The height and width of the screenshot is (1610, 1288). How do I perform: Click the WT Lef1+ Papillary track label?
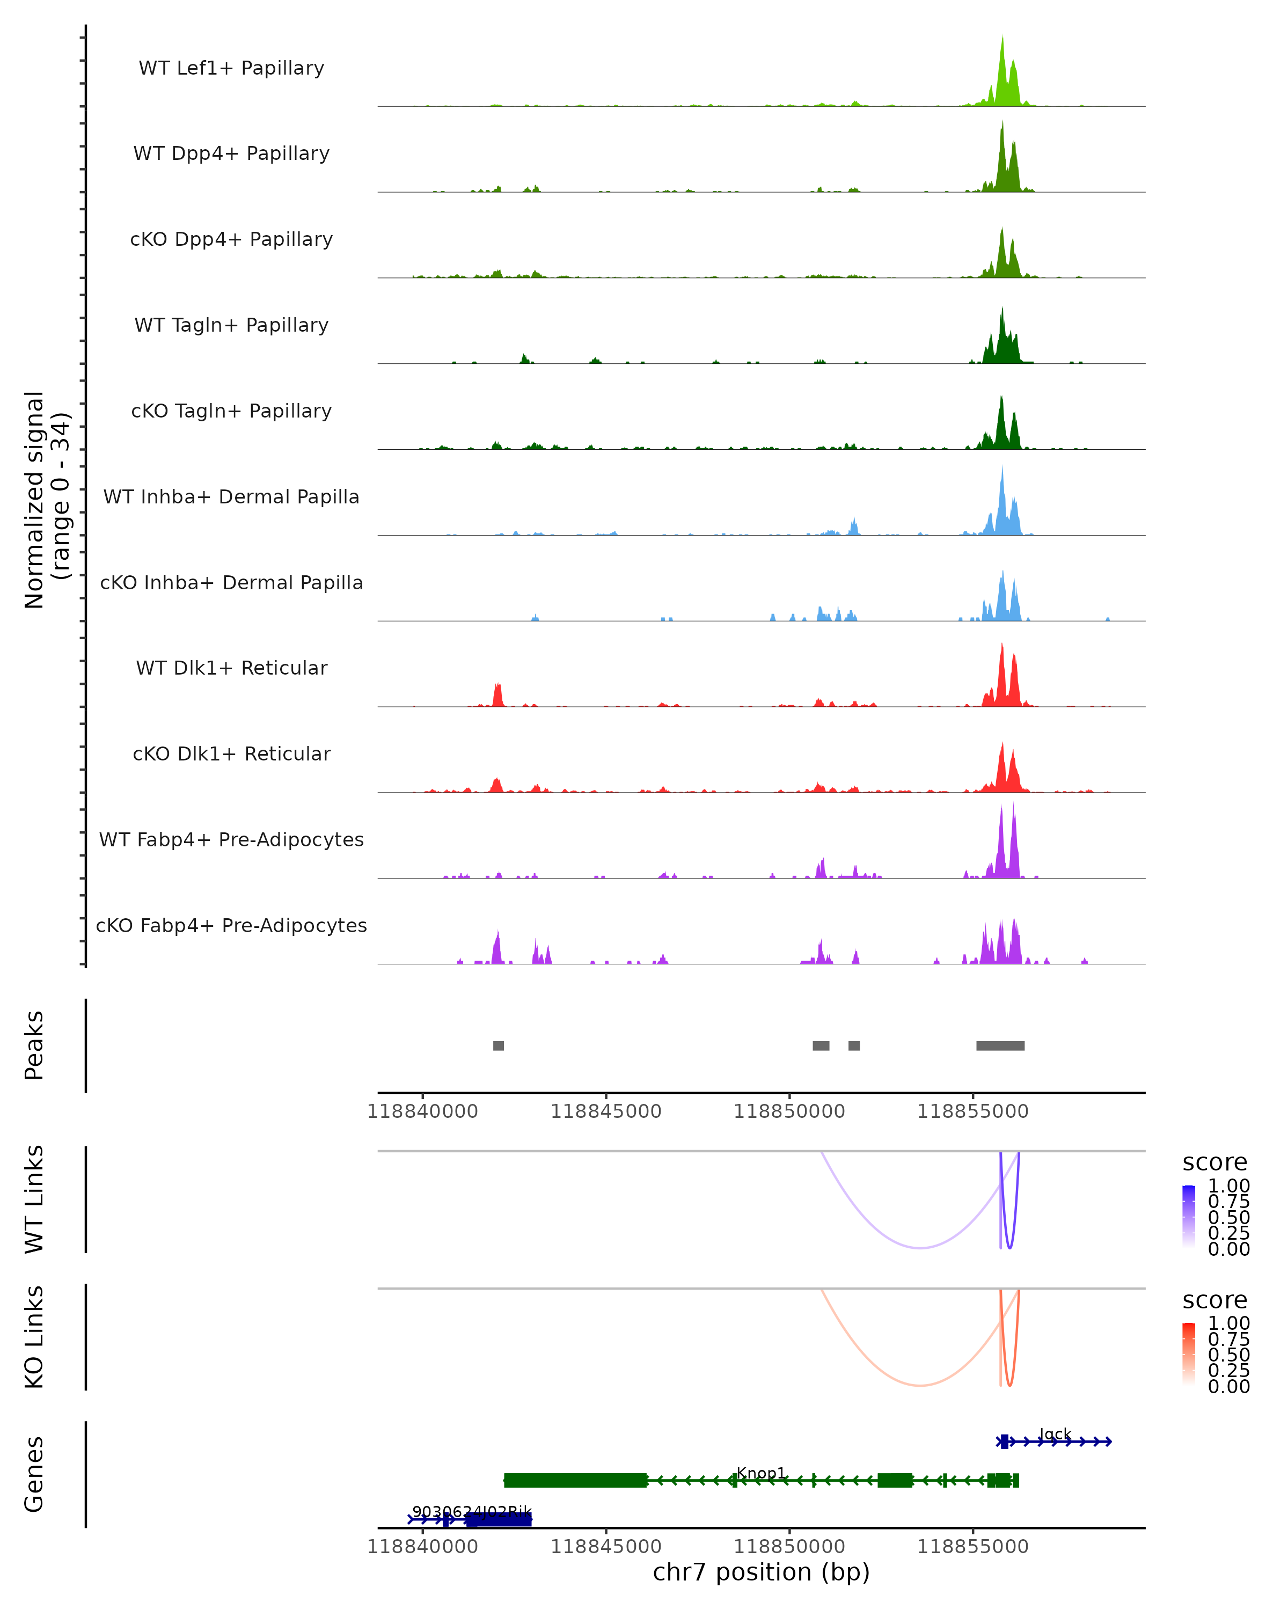pos(231,68)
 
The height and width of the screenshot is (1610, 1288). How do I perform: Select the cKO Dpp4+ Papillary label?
pos(231,240)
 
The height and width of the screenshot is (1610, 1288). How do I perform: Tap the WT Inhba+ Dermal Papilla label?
pos(231,497)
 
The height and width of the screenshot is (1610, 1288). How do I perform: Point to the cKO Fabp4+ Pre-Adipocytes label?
pos(231,926)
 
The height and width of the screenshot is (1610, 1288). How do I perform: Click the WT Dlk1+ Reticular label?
pos(231,668)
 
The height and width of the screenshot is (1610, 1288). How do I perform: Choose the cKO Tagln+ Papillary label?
pos(231,412)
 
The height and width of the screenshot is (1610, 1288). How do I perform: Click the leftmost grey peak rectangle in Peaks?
pos(499,1046)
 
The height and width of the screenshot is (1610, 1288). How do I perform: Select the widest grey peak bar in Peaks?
pos(1000,1046)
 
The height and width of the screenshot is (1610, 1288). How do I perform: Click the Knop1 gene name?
pos(761,1473)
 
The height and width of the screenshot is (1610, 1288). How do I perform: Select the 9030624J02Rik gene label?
pos(472,1512)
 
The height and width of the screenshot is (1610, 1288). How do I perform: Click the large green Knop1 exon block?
pos(575,1481)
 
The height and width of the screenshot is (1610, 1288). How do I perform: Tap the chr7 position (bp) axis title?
pos(761,1572)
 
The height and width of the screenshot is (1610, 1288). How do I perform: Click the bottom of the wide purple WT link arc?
pos(920,1248)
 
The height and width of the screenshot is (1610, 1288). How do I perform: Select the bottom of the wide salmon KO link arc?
pos(920,1385)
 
